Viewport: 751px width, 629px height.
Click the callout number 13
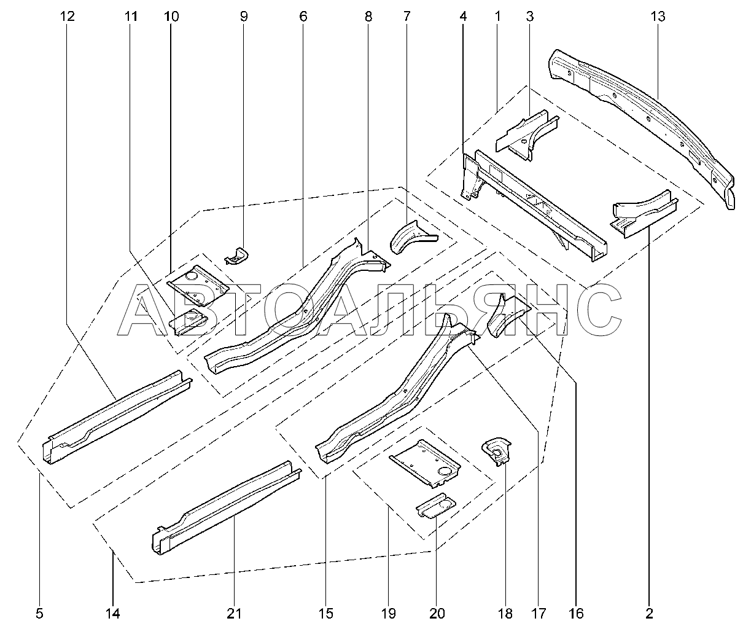[658, 17]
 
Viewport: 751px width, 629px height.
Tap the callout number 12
[67, 17]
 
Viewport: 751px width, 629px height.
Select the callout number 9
[244, 17]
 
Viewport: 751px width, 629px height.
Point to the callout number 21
[234, 612]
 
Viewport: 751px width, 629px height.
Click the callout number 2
[650, 612]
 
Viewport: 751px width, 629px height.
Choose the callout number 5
[41, 612]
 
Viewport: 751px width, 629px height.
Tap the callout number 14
[114, 612]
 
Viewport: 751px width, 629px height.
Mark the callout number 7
[407, 17]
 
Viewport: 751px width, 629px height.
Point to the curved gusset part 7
[410, 236]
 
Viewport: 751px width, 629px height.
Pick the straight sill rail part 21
[227, 504]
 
